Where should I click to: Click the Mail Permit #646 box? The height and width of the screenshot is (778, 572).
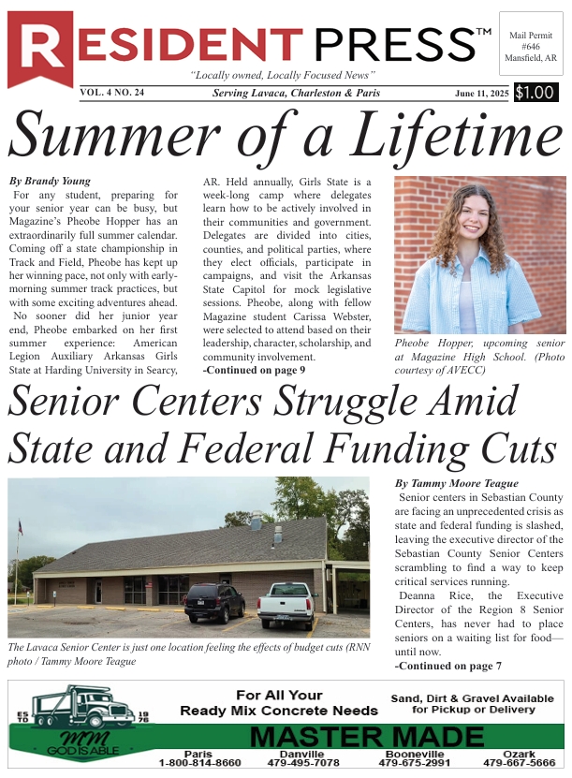[531, 45]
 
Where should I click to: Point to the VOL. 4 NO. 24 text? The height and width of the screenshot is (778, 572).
[111, 93]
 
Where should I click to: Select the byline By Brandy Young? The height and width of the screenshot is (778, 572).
[50, 180]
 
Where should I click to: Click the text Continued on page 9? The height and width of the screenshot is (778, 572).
[254, 371]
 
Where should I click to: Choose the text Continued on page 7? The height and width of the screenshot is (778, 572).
[448, 666]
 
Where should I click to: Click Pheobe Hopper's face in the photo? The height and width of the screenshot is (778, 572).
[474, 219]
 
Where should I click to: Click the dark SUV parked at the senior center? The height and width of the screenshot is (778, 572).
[214, 601]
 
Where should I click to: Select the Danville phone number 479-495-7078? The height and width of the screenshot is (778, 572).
[301, 763]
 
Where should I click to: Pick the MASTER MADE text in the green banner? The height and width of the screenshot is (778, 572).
[367, 737]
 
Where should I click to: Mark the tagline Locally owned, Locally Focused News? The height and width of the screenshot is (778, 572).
[283, 75]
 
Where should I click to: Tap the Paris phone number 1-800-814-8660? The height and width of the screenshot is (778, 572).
[199, 763]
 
